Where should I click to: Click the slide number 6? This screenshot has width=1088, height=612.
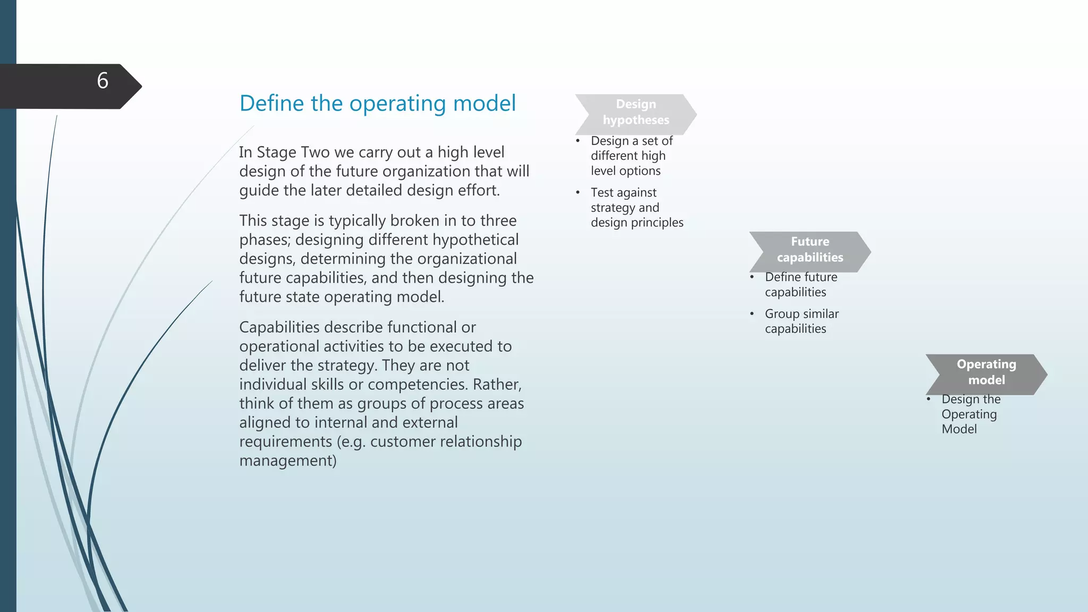point(103,81)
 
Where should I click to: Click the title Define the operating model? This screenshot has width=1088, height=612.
point(377,103)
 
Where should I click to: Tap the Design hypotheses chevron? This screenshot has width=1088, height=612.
point(635,112)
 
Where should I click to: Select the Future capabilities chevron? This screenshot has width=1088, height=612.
point(810,250)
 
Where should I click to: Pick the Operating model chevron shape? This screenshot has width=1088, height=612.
point(986,372)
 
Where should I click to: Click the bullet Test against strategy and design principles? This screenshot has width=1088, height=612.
point(636,208)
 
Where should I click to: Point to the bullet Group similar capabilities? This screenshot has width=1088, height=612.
point(801,321)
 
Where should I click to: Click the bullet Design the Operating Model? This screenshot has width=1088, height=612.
point(970,414)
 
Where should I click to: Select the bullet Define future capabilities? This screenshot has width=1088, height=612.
point(801,285)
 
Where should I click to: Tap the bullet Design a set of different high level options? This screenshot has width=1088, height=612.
point(631,156)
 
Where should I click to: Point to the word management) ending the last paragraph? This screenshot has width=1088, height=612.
point(288,461)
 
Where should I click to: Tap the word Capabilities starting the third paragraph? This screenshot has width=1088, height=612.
point(279,327)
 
